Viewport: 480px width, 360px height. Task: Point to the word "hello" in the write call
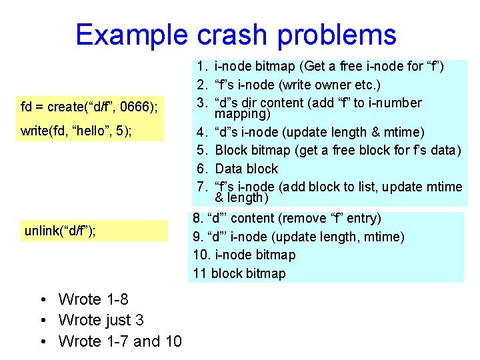84,130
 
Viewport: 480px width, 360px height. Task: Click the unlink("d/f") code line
60,231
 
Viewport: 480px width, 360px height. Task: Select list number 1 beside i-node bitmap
201,67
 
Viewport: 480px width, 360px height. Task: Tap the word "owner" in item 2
344,85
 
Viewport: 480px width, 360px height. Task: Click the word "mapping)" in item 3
242,114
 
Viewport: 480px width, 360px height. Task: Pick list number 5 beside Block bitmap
201,150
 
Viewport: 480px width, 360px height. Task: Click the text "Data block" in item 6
247,169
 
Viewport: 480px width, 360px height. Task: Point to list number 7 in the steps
201,187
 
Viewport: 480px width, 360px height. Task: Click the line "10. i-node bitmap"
244,255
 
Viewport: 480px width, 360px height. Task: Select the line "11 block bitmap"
239,273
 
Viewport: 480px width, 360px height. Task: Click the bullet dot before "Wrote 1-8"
42,299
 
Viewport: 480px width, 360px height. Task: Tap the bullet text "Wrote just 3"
101,320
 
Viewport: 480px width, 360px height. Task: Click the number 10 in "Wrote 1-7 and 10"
173,341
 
